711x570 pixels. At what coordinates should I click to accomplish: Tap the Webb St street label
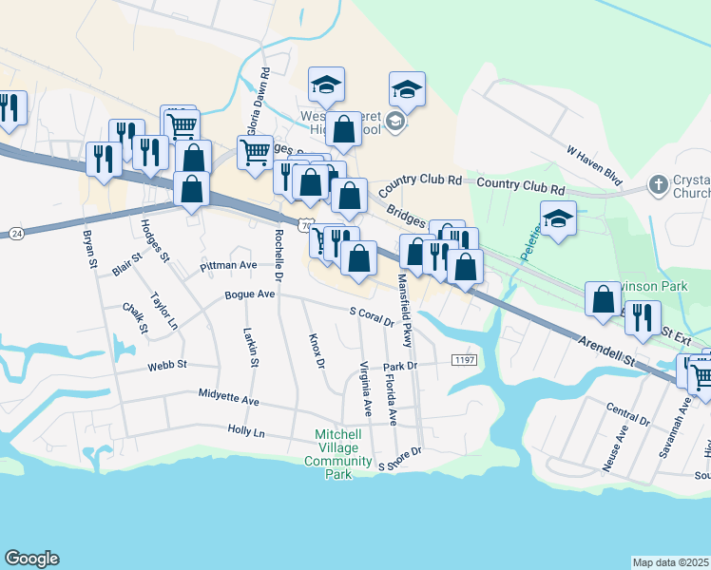(x=167, y=365)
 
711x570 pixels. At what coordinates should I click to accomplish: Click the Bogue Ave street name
(x=249, y=294)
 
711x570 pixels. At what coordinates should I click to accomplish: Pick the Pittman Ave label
(x=229, y=266)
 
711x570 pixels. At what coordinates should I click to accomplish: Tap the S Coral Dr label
(x=372, y=316)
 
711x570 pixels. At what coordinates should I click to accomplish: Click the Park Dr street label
(x=400, y=365)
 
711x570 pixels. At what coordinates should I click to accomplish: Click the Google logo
(x=31, y=559)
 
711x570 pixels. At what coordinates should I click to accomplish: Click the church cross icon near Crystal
(x=659, y=183)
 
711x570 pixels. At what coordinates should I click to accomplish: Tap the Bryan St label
(x=91, y=247)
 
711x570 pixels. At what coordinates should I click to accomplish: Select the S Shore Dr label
(x=399, y=460)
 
